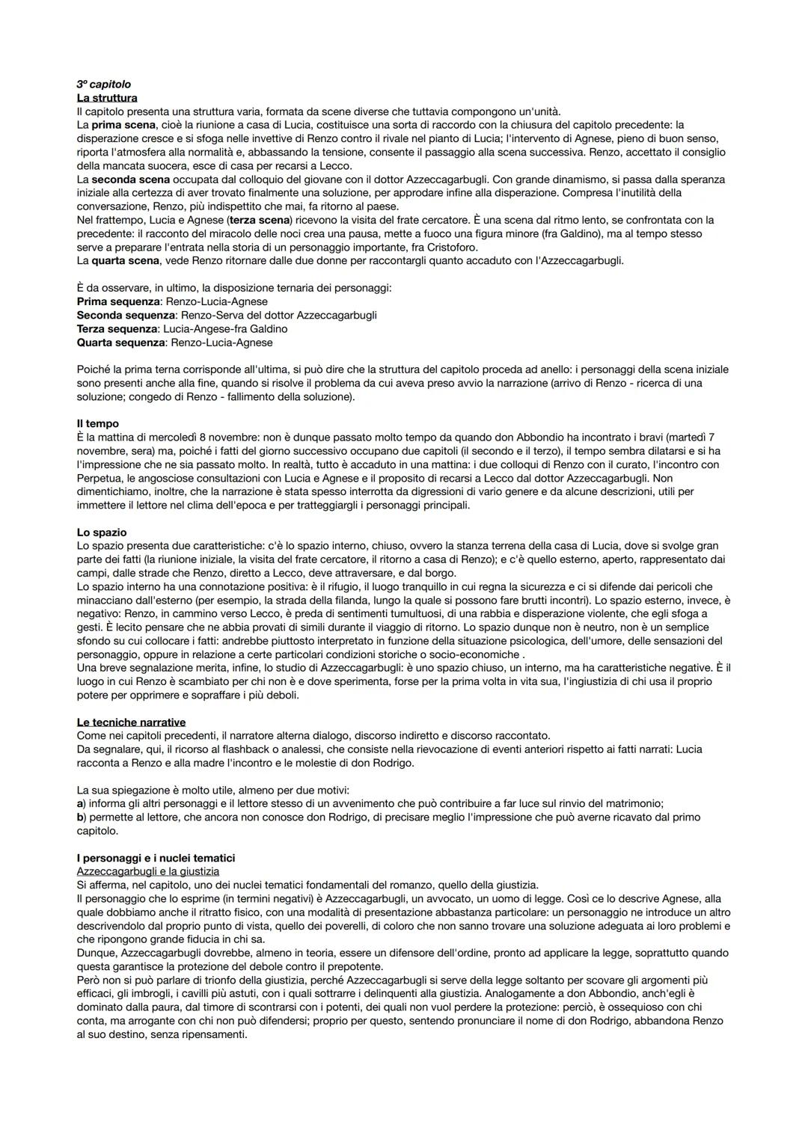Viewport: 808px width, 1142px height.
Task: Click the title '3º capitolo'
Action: tap(104, 85)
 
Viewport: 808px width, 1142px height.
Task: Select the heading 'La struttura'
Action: tap(107, 98)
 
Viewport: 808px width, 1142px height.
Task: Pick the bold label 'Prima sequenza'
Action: tap(118, 301)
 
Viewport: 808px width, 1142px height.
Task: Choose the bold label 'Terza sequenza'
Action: tap(117, 329)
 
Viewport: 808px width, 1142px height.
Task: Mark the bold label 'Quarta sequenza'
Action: tap(120, 343)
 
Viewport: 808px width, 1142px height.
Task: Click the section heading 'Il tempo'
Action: tap(97, 423)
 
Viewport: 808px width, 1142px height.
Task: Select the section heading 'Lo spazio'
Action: tap(102, 532)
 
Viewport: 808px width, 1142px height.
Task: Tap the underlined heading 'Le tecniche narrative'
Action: tap(131, 722)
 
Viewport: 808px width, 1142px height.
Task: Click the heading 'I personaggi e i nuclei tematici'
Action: tap(156, 858)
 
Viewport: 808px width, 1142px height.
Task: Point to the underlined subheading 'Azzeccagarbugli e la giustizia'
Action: tap(148, 871)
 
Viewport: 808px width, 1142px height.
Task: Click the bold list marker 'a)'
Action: tap(82, 803)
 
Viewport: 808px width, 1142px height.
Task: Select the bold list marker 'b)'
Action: tap(82, 817)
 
